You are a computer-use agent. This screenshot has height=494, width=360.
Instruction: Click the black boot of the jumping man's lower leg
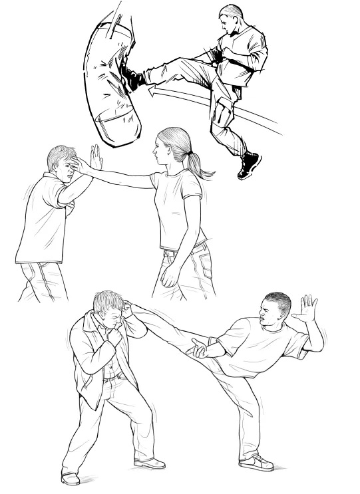(250, 164)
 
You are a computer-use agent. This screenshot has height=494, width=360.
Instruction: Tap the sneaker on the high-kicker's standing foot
(256, 461)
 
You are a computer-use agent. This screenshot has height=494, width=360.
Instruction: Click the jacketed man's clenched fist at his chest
(115, 338)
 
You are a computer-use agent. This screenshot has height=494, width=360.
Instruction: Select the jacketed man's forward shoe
(150, 462)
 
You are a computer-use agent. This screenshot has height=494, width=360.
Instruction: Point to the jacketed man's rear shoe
(70, 477)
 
